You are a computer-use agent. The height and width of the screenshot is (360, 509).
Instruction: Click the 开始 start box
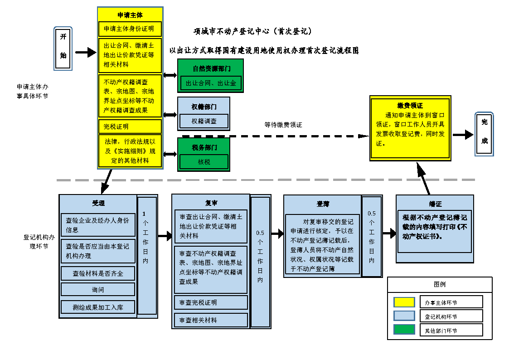click(x=63, y=49)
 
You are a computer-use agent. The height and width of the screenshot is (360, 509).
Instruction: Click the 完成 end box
click(x=484, y=134)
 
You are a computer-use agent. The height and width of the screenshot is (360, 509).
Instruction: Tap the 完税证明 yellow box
click(x=130, y=126)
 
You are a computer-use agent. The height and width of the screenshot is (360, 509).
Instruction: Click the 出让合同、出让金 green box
click(x=210, y=83)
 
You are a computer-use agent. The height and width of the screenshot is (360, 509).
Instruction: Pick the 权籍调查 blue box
click(x=204, y=121)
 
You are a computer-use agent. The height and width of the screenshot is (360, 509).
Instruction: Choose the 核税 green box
click(x=204, y=161)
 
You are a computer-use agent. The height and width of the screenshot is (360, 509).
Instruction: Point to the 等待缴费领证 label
click(x=283, y=125)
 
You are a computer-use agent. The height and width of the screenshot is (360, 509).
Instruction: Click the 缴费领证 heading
click(x=410, y=106)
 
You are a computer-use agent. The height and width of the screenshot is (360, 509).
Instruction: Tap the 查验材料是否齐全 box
click(x=98, y=273)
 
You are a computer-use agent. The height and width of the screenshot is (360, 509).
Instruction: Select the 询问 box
click(x=98, y=289)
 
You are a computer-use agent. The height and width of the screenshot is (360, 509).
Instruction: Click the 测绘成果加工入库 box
click(x=98, y=307)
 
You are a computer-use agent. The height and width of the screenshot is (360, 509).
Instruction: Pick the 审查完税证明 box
click(x=211, y=302)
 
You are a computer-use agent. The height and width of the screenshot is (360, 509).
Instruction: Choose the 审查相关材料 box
click(x=211, y=320)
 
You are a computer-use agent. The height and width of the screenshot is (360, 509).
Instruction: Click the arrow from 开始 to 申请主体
click(x=85, y=53)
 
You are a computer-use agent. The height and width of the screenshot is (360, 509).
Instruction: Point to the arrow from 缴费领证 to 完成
click(x=462, y=135)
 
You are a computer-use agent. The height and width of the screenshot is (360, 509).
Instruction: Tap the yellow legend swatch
click(x=404, y=302)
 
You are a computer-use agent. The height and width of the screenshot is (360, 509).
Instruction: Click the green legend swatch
click(x=404, y=330)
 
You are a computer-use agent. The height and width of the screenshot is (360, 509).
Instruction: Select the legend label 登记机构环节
click(x=441, y=316)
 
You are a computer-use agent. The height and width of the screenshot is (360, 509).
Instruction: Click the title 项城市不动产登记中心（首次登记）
click(x=252, y=32)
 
